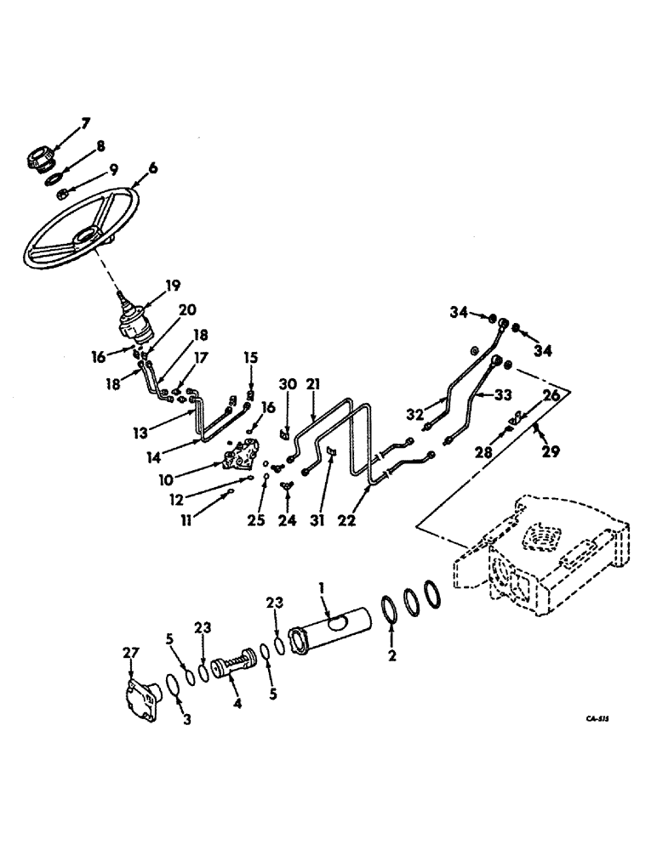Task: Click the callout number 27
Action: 131,653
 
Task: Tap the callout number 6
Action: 153,169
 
